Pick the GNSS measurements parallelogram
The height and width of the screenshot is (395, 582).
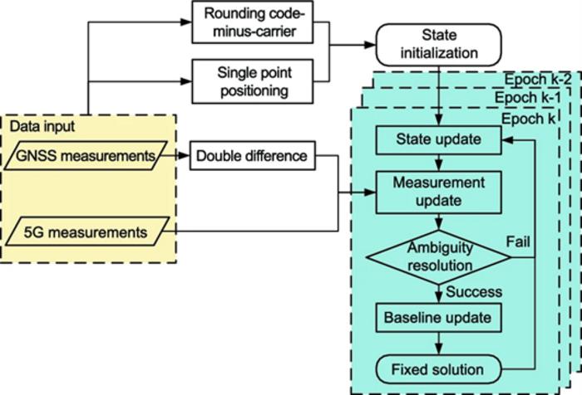(x=86, y=154)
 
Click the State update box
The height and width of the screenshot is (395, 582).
(x=437, y=140)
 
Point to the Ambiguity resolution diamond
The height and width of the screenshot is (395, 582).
(x=437, y=256)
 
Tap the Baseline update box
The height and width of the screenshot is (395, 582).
(x=437, y=317)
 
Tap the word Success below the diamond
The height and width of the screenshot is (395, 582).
(x=475, y=292)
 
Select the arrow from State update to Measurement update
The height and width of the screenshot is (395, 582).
(x=437, y=161)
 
